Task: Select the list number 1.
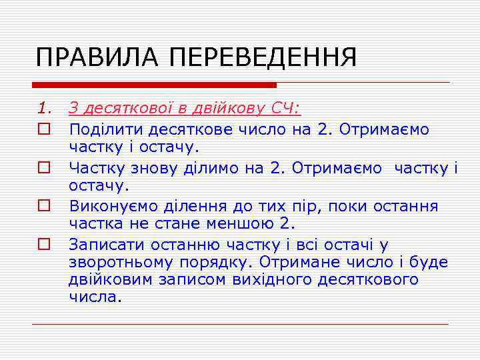click(x=43, y=109)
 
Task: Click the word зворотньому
click(x=117, y=262)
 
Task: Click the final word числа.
click(x=95, y=297)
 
